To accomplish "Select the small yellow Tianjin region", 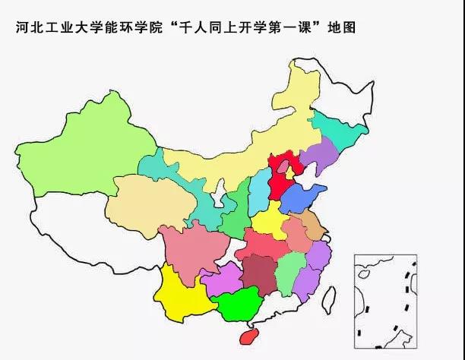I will (x=289, y=174).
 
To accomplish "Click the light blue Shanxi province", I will (x=260, y=187).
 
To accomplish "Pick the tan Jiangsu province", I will (x=313, y=224).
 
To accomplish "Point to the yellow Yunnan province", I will (x=182, y=292).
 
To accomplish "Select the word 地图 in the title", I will (x=341, y=28).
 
